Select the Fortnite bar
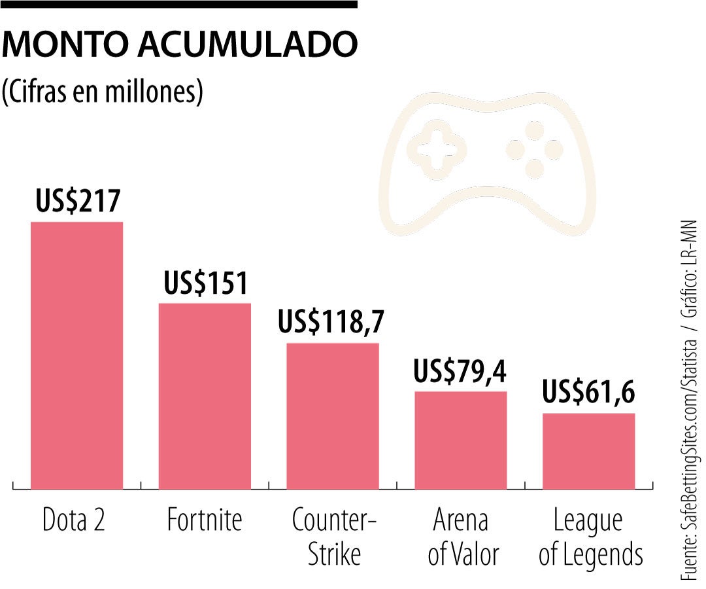(205, 396)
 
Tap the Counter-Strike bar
(333, 416)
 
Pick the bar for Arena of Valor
(461, 440)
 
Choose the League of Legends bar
(589, 451)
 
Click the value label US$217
(78, 201)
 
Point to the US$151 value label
(206, 283)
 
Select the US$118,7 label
(331, 322)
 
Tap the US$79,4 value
(460, 371)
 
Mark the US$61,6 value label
(589, 393)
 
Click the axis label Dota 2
(74, 521)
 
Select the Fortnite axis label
(205, 521)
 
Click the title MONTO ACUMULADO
(180, 45)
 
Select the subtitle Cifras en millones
(103, 92)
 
